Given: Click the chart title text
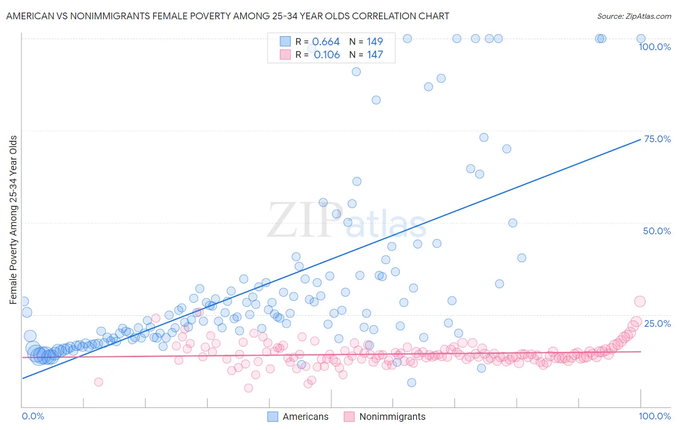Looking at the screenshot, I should click(x=227, y=16).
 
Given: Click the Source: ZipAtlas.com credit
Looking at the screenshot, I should click(x=634, y=16).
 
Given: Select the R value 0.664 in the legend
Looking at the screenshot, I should click(x=326, y=42).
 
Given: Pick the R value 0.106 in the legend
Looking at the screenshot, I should click(x=326, y=55).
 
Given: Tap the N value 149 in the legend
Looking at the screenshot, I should click(x=375, y=42).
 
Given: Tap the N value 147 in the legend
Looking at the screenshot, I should click(x=375, y=55).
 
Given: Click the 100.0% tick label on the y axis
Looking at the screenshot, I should click(x=654, y=47).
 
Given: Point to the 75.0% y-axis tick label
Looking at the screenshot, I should click(x=657, y=139).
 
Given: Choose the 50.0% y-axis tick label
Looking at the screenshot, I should click(x=657, y=231).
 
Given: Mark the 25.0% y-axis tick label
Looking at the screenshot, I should click(x=657, y=323).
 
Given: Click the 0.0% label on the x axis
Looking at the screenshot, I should click(x=33, y=416).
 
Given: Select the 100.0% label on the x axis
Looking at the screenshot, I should click(x=654, y=416).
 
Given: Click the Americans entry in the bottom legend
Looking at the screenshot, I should click(x=305, y=417).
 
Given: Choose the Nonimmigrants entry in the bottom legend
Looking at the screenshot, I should click(x=392, y=417).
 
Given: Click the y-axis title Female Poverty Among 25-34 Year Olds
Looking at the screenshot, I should click(x=13, y=220).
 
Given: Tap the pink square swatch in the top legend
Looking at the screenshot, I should click(x=286, y=55).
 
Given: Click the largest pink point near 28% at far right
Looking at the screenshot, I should click(x=639, y=301).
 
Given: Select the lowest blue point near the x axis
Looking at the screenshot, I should click(x=411, y=382).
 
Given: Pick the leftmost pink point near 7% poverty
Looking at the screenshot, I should click(x=99, y=382).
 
